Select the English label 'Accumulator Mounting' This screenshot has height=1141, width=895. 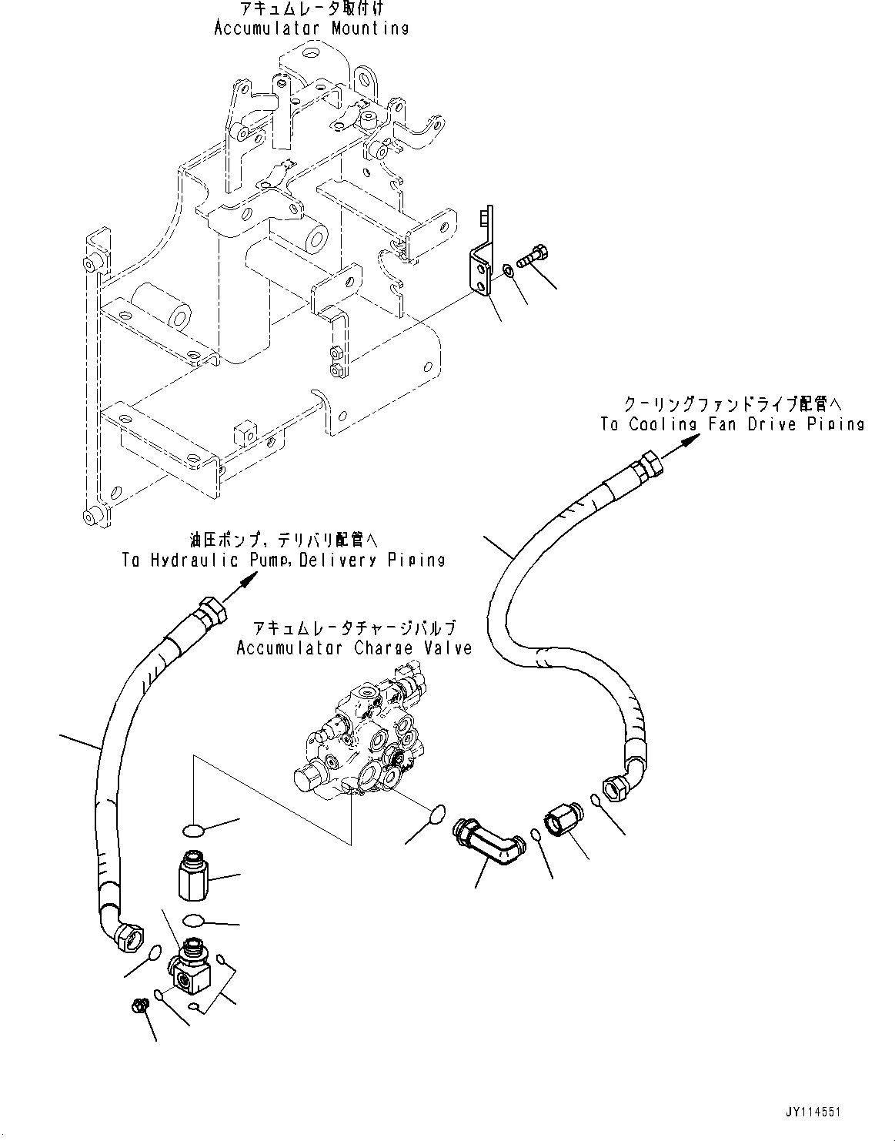point(311,28)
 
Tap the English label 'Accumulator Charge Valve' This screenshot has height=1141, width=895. point(354,647)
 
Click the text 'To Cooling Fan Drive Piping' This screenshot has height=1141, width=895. point(733,423)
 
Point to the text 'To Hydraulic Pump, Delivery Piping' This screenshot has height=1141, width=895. point(283,560)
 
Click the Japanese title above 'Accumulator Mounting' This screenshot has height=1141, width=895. point(311,8)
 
